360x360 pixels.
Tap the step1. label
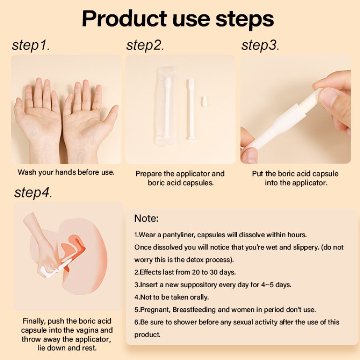[31, 45]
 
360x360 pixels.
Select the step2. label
[145, 45]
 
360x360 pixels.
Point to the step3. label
[260, 45]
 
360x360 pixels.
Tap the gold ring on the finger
[96, 109]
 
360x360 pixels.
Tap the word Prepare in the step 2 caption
[149, 174]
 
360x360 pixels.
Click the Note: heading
[146, 219]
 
